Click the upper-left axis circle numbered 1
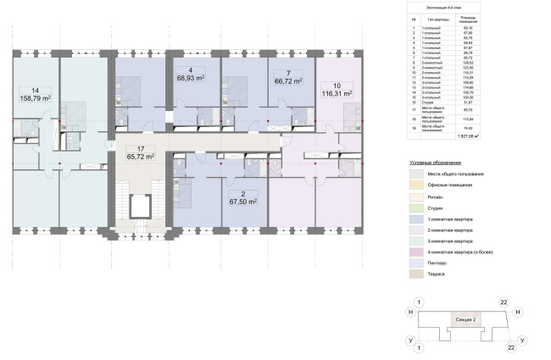click(x=417, y=302)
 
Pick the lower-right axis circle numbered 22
click(x=510, y=347)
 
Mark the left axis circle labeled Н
click(x=410, y=313)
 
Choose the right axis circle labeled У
click(x=523, y=340)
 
